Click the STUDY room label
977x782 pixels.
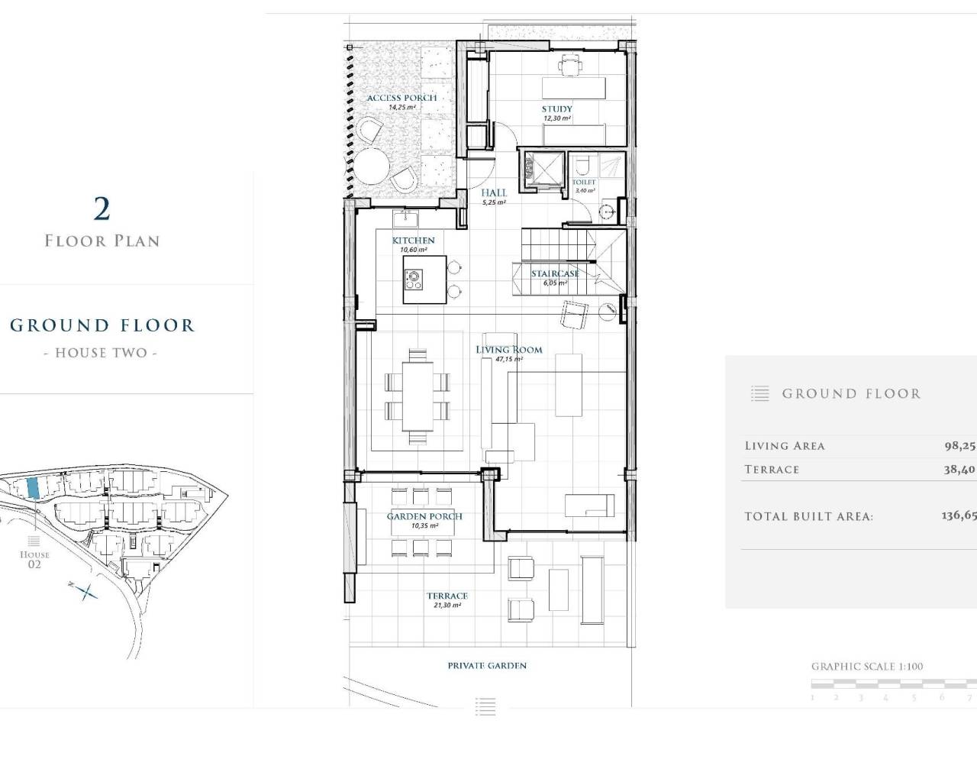tap(556, 109)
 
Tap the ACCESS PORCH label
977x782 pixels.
tap(401, 98)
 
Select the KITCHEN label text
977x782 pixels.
tap(413, 241)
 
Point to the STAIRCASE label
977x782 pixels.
tap(555, 273)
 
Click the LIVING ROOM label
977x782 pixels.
tap(509, 350)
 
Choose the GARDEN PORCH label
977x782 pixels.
tap(424, 516)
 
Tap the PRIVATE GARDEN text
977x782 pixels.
tap(487, 666)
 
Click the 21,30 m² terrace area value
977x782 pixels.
tap(447, 606)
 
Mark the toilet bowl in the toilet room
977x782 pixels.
tap(582, 166)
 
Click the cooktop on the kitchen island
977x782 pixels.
tap(414, 280)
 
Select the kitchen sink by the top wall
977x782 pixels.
tap(404, 220)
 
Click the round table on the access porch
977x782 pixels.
tap(372, 165)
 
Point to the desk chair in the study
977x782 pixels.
tap(569, 65)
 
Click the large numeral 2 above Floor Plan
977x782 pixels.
tap(101, 208)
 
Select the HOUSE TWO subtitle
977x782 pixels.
tap(101, 354)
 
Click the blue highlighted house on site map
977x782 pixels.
tap(33, 489)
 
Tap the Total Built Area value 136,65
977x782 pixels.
tap(958, 515)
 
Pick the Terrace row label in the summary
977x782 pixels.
tap(772, 470)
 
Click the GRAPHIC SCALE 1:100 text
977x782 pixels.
tap(866, 667)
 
